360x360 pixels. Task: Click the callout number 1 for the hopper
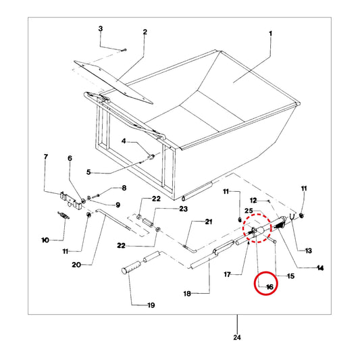click(270, 34)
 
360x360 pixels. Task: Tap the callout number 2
click(145, 32)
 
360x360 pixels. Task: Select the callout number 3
click(101, 29)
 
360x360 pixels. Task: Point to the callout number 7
click(46, 157)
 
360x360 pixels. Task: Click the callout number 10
click(45, 240)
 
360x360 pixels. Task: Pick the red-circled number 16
click(269, 287)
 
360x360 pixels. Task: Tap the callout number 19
click(151, 305)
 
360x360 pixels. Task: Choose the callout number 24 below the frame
click(237, 338)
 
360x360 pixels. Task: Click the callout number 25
click(249, 211)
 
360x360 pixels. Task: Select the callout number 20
click(76, 265)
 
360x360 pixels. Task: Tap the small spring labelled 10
click(63, 215)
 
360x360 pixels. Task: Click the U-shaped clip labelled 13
click(292, 217)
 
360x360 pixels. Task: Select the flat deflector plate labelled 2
click(113, 82)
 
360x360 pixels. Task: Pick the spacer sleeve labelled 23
click(148, 222)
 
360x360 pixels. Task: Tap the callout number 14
click(320, 268)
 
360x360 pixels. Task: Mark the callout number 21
click(209, 222)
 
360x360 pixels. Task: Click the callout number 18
click(187, 294)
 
